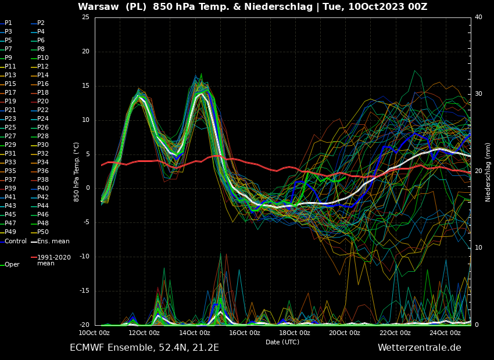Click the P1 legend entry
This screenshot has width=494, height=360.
point(8,23)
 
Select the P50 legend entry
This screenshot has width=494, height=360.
point(42,232)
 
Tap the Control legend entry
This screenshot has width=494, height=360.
point(15,242)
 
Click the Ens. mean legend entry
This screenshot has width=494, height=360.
point(53,242)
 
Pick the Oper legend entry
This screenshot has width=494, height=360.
point(12,265)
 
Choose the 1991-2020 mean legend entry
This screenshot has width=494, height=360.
point(53,260)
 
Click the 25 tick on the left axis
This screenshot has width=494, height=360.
point(85,17)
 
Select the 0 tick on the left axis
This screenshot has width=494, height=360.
point(87,188)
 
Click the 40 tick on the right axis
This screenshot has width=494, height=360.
point(478,17)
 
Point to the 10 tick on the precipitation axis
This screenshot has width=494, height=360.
point(478,248)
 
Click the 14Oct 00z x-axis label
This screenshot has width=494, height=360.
point(194,333)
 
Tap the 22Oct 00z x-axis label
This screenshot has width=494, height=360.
point(395,333)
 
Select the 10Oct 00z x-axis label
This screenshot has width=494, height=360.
point(94,333)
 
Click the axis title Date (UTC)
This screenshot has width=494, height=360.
point(282,342)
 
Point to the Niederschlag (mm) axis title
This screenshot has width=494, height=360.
point(488,172)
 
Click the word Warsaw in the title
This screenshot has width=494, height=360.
point(97,7)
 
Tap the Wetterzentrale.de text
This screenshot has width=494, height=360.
point(419,348)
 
